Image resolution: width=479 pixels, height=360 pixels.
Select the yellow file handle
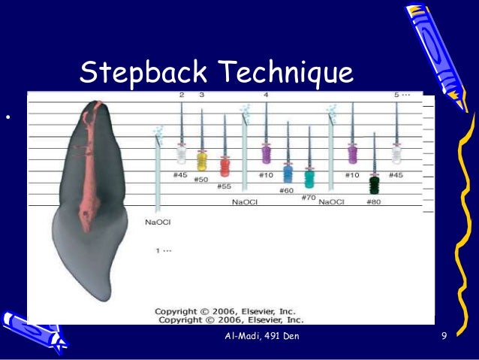point(201,160)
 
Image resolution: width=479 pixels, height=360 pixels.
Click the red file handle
point(224,166)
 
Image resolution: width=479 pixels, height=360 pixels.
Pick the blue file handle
point(288,174)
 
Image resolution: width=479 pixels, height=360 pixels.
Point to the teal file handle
point(309,178)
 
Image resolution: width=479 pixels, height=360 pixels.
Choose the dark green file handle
point(375,185)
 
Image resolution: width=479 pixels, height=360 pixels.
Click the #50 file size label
point(200,180)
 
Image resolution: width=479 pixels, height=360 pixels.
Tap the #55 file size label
point(224,186)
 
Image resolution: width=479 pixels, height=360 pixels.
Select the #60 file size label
point(288,190)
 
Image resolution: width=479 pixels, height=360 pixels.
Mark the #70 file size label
point(308,197)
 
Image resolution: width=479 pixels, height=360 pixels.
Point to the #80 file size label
point(374,201)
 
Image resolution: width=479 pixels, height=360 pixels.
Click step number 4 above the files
point(266,95)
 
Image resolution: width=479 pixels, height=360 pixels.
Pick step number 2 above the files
point(182,95)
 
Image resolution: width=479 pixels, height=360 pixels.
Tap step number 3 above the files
point(201,95)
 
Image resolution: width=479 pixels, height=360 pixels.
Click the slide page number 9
point(444,335)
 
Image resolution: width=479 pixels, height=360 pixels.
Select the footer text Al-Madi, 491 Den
point(262,335)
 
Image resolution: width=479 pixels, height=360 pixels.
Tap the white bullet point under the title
point(6,117)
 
